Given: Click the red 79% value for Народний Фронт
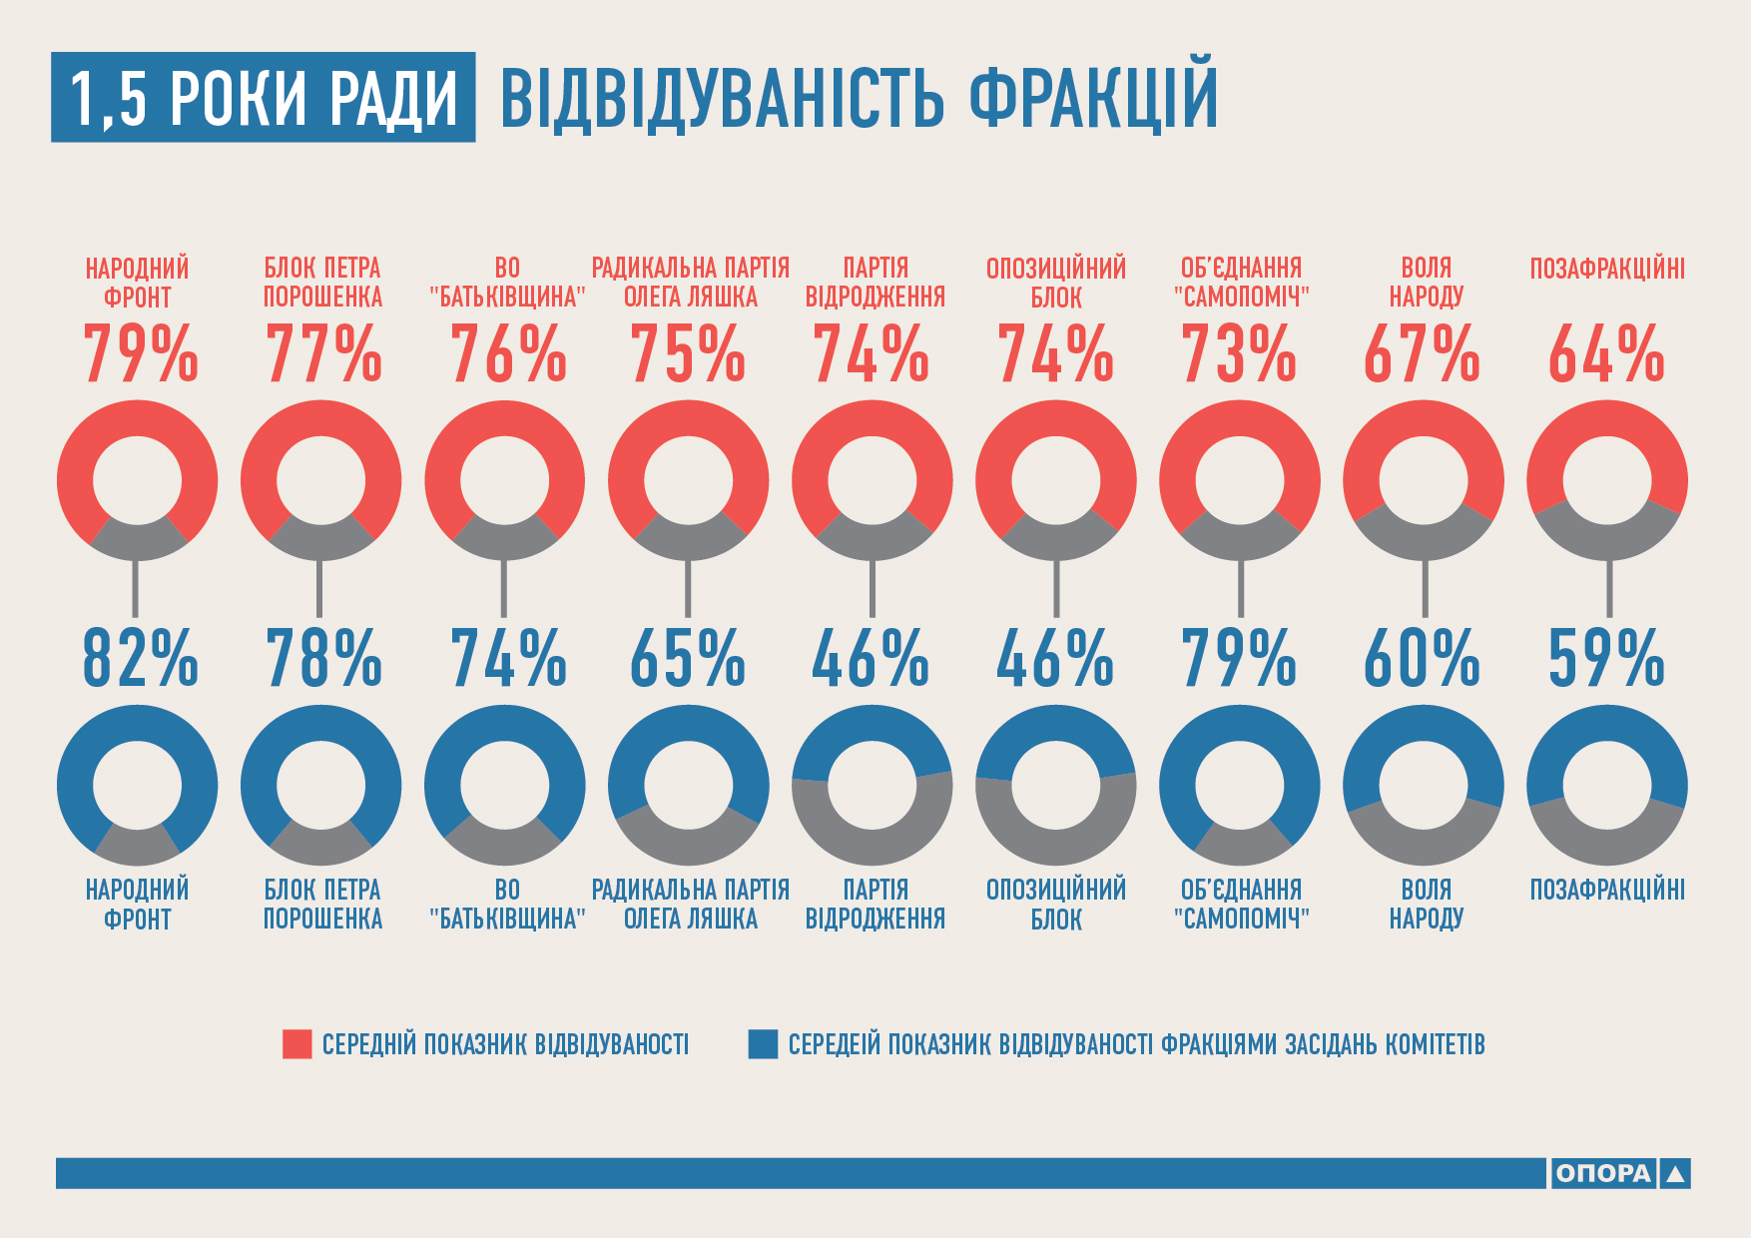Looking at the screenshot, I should point(140,354).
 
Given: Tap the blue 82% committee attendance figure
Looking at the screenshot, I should point(140,659).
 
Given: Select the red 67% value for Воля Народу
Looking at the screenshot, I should point(1422,354).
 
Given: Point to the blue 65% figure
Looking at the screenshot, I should point(688,659).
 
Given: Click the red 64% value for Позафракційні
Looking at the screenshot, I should point(1606,354).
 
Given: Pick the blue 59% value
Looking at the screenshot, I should point(1606,659).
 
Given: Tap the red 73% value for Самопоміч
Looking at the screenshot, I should point(1239,354).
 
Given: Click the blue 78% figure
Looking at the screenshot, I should point(323,659).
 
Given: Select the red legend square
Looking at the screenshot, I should point(297,1044).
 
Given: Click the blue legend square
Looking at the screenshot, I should point(763,1044).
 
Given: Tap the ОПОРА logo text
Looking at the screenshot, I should point(1603,1173).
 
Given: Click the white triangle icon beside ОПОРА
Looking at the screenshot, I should point(1676,1174).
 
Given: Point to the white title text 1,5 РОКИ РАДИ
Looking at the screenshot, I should point(264,98).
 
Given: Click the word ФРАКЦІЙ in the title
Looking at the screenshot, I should point(1093,97).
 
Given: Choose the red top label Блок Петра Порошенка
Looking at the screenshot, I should point(322,283).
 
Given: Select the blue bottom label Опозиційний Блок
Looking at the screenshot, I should point(1056,904).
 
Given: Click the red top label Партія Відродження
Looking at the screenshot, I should point(875,283).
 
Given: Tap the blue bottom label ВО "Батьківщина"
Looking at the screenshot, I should point(507,904).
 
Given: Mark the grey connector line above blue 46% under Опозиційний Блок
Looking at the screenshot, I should point(1056,589).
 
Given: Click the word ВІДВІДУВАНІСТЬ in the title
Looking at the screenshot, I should point(722,98).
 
